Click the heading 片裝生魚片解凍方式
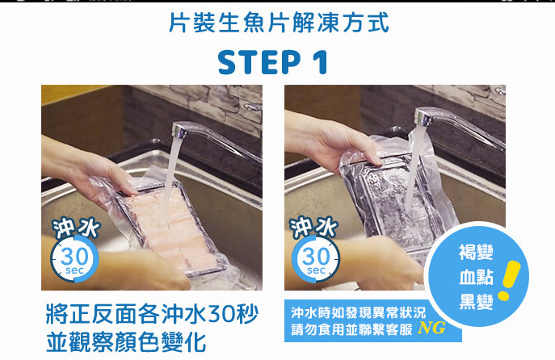(x=279, y=23)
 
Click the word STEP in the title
(x=259, y=62)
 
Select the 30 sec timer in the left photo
(x=74, y=259)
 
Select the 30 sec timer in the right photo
(x=316, y=259)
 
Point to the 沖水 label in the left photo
(x=76, y=227)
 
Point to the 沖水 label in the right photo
(x=313, y=227)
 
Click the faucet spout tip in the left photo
(x=178, y=132)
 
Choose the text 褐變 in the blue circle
(x=476, y=252)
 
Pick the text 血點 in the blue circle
(x=476, y=277)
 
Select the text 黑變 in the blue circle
(x=476, y=301)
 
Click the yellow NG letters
(x=431, y=329)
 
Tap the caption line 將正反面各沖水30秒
(x=152, y=314)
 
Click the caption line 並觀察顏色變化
(x=126, y=342)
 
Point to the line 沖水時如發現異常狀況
(x=359, y=312)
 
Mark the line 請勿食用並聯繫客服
(x=352, y=329)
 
